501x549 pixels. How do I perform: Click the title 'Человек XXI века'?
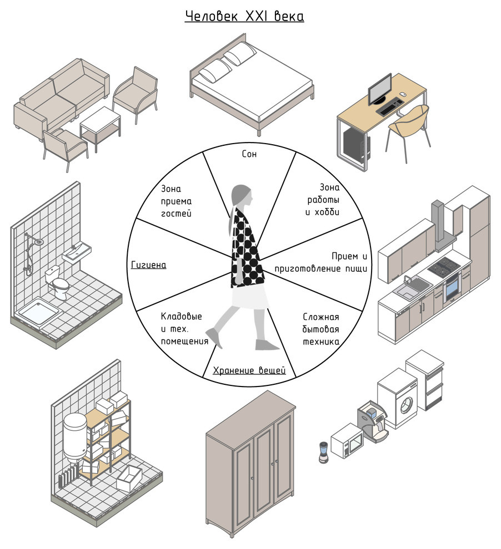244,17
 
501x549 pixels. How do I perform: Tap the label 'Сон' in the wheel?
249,154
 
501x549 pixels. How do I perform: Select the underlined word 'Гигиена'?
148,265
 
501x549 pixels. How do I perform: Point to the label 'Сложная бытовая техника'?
321,329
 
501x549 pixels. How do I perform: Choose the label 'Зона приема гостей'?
176,201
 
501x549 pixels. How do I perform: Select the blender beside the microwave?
323,451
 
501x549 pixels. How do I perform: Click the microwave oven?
347,441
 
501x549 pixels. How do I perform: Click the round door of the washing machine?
407,404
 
